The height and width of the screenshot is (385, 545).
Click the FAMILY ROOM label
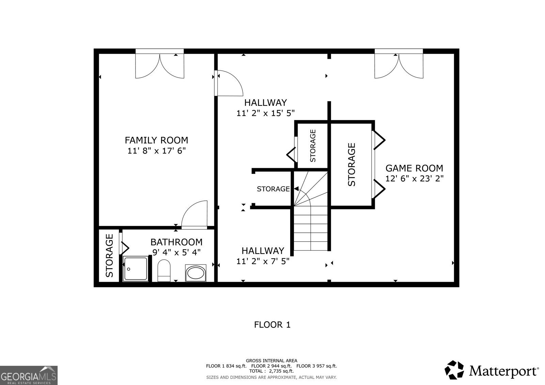(x=156, y=140)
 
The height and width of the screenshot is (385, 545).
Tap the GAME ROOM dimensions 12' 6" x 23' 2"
(x=414, y=178)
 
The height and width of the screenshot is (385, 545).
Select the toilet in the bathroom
(x=164, y=271)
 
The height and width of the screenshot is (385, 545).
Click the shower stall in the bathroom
(x=136, y=269)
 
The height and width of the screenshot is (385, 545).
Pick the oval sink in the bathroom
(x=196, y=273)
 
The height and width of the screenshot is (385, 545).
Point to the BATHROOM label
(x=176, y=242)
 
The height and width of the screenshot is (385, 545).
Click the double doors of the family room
(x=160, y=66)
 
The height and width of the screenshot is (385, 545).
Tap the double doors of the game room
(x=399, y=66)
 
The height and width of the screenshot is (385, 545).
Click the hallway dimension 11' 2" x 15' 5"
(x=265, y=113)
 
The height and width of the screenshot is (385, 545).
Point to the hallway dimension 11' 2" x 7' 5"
(x=263, y=261)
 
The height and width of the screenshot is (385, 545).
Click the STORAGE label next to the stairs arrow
(x=273, y=189)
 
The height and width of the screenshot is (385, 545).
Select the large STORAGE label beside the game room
(x=352, y=164)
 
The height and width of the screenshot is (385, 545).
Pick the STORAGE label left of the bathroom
(x=109, y=255)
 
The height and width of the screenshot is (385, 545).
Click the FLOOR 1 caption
(x=272, y=324)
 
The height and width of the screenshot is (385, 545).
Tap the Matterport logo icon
(x=454, y=370)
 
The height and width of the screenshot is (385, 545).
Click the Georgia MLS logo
(x=29, y=375)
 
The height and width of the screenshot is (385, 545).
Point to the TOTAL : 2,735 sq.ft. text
(x=271, y=371)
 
